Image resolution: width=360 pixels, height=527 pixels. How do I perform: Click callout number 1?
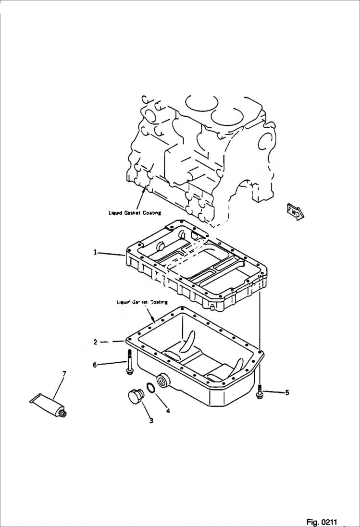[x=96, y=252]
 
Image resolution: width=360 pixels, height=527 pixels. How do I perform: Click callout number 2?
[x=96, y=342]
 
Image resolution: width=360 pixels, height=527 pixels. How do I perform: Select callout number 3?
[x=151, y=421]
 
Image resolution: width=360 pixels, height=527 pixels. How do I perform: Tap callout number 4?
[x=168, y=411]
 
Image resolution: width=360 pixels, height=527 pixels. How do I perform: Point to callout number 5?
[x=287, y=392]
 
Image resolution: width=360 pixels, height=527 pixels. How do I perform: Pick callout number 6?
[x=95, y=365]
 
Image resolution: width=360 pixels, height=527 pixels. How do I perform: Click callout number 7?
[x=64, y=373]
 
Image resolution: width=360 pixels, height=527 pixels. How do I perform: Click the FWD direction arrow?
[x=294, y=211]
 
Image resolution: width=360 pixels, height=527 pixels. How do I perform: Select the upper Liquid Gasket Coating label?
[x=135, y=212]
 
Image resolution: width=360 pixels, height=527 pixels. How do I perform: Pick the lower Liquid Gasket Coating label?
[x=142, y=302]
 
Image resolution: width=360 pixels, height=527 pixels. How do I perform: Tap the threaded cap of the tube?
[x=62, y=412]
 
